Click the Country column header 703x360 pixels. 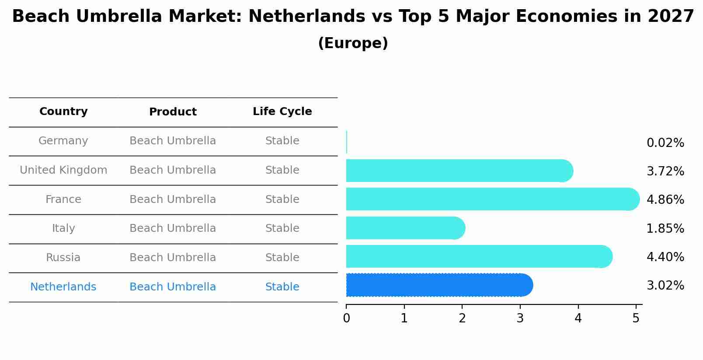coord(63,112)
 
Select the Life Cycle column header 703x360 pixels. coord(282,112)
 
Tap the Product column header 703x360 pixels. coord(173,112)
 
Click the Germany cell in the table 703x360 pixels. coord(63,141)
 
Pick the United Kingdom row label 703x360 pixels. coord(63,170)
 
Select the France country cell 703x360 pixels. coord(63,199)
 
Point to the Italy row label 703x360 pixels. coord(63,228)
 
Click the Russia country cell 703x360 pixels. coord(63,258)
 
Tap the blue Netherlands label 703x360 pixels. coord(63,287)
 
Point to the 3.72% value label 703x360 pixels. coord(665,171)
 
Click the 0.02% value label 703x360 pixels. coord(665,143)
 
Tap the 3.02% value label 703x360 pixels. coord(665,286)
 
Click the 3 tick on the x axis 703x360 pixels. coord(520,318)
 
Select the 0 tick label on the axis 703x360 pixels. coord(346,318)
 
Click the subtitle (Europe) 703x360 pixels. coord(353,43)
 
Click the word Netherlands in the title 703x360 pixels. coord(306,17)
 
